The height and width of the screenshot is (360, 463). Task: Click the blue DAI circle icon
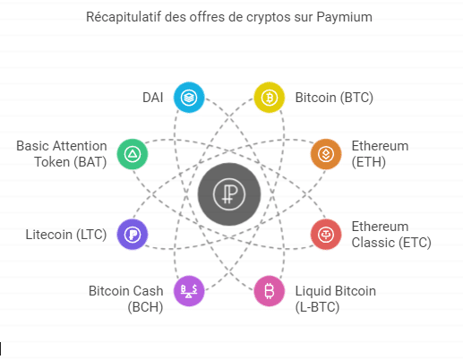click(189, 98)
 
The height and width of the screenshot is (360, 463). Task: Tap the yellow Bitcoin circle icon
click(269, 98)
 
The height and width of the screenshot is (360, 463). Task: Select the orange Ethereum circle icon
click(326, 154)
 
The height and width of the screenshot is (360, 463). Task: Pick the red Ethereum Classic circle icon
click(326, 235)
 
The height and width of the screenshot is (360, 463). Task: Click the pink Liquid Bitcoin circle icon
click(269, 291)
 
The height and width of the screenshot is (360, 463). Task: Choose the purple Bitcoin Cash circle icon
click(189, 291)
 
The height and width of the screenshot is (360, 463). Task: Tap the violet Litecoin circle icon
click(133, 235)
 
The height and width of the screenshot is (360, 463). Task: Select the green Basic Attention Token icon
click(133, 154)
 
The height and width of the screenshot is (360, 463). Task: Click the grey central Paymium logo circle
click(229, 194)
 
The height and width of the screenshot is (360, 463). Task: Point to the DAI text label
click(153, 98)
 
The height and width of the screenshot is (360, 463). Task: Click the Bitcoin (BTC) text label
click(334, 98)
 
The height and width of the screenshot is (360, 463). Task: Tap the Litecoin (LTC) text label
click(66, 235)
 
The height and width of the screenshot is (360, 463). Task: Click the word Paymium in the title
click(344, 17)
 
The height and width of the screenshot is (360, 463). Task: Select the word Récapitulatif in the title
click(124, 17)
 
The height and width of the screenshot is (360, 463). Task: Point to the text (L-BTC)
click(317, 307)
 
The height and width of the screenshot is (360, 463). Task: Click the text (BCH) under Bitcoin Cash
click(145, 307)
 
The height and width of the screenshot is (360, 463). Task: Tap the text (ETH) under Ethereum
click(369, 162)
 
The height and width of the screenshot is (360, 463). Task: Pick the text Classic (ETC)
click(391, 243)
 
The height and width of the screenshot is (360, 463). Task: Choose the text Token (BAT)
click(71, 162)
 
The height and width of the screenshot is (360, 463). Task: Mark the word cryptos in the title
click(268, 17)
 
